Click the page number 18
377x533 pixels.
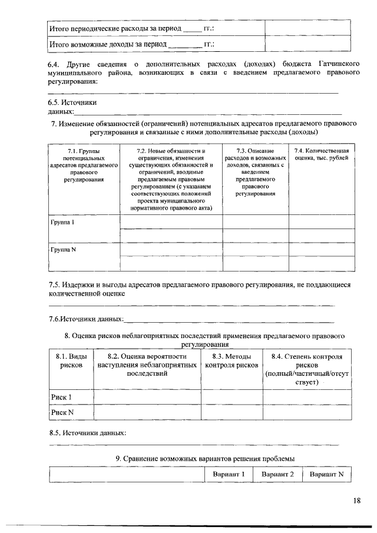[x=357, y=501]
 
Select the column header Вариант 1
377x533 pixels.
[x=228, y=474]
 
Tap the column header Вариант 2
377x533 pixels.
[x=277, y=474]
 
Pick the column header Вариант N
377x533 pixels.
[x=326, y=474]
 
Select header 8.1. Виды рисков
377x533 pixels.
[x=70, y=361]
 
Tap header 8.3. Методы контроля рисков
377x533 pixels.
[x=231, y=361]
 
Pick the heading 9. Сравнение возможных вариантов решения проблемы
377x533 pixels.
[x=204, y=458]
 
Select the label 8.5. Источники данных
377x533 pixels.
[x=87, y=433]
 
